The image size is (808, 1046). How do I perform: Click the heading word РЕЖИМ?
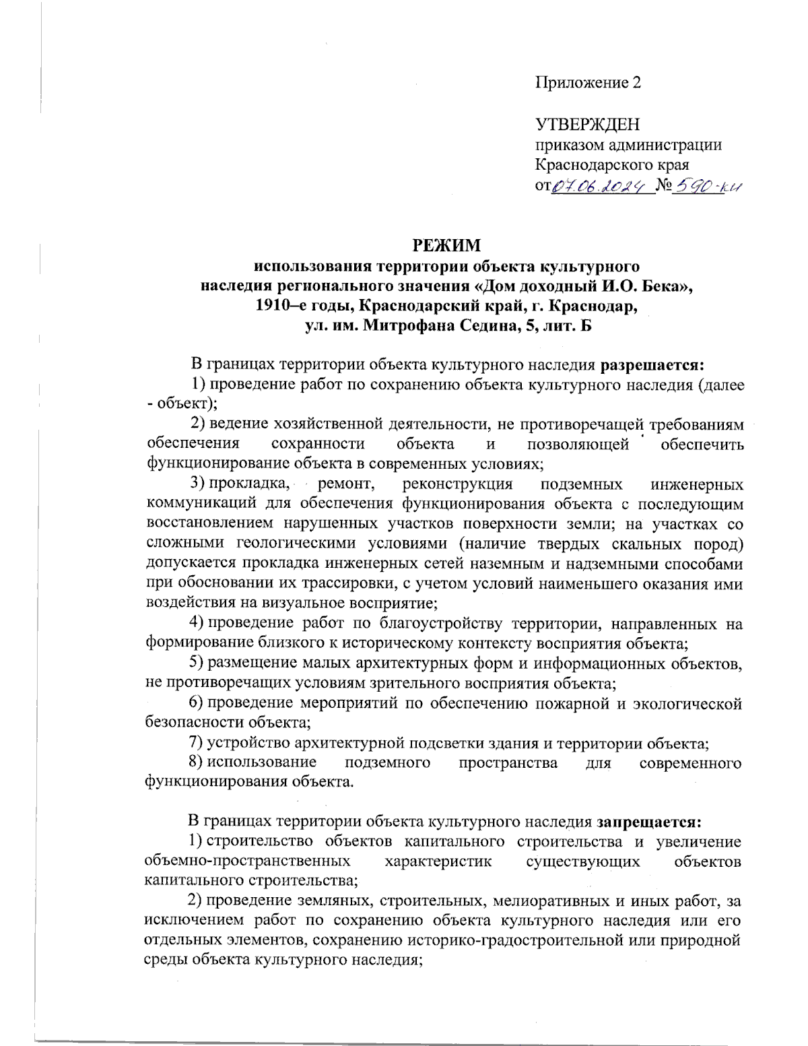pyautogui.click(x=447, y=246)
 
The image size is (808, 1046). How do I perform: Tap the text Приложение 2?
pyautogui.click(x=588, y=83)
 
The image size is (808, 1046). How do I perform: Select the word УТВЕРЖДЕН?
pyautogui.click(x=587, y=125)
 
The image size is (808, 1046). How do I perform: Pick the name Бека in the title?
pyautogui.click(x=660, y=286)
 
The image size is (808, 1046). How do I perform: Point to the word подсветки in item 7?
pyautogui.click(x=458, y=744)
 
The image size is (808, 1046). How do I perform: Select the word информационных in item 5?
pyautogui.click(x=598, y=663)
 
